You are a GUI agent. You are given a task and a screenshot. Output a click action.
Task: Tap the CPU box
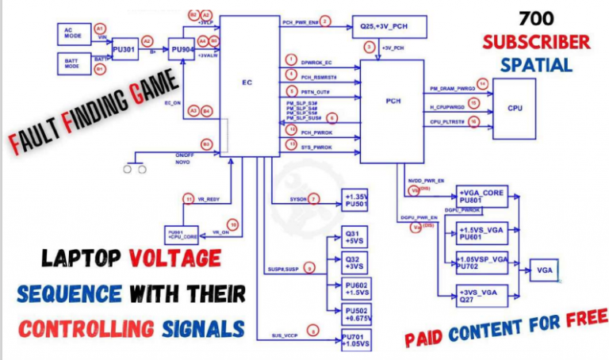coord(514,109)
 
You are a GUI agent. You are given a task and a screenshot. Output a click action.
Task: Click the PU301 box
coord(124,49)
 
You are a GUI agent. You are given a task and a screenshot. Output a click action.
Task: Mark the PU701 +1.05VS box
coord(354,340)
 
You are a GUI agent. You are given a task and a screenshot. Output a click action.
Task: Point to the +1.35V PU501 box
coord(356,200)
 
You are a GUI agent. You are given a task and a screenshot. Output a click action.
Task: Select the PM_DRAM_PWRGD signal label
coord(453,90)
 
